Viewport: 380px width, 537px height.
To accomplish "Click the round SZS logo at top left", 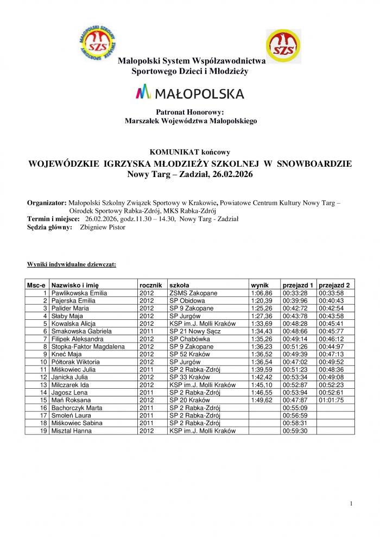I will [98, 42].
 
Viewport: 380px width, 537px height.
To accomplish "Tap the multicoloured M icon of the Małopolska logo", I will [143, 93].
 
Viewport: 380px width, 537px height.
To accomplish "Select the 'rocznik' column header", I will [150, 285].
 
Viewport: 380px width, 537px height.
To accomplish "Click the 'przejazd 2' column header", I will [334, 285].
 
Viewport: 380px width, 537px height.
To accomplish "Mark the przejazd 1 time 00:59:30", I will [295, 431].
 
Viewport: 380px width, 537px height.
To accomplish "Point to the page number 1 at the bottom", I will [352, 504].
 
